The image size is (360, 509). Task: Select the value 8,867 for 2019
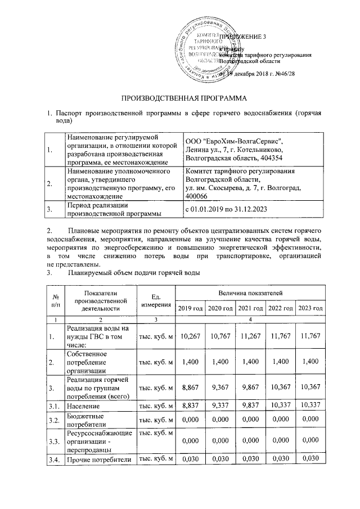click(190, 388)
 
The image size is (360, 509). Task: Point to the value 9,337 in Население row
click(220, 405)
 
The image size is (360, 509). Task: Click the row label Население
click(84, 405)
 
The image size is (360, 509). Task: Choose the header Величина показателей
click(250, 293)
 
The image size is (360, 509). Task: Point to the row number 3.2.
click(55, 420)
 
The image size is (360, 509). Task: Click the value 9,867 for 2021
click(250, 388)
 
